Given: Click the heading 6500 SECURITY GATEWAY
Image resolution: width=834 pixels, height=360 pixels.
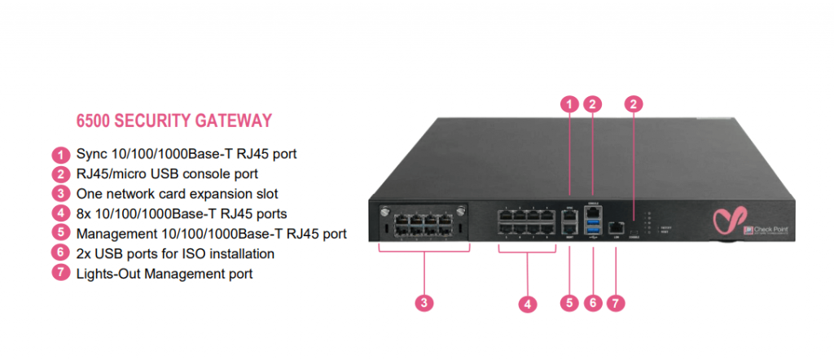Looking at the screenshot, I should pyautogui.click(x=173, y=121).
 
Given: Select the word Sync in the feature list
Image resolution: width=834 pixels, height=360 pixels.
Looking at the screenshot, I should pyautogui.click(x=90, y=154).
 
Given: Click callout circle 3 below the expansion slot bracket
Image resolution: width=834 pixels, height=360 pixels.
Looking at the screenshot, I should pyautogui.click(x=423, y=304).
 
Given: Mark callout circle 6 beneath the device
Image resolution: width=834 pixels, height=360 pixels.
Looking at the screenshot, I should pyautogui.click(x=594, y=303).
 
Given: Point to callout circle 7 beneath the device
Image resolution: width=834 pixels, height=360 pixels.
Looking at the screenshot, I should pyautogui.click(x=617, y=303).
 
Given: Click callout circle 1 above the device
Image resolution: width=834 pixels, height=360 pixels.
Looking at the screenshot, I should pyautogui.click(x=570, y=104).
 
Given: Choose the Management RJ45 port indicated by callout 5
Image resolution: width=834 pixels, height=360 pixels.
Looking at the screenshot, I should pyautogui.click(x=570, y=230).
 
